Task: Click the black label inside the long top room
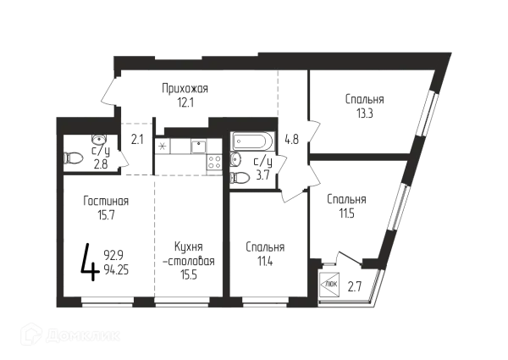coord(187,92)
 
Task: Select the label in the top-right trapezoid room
coord(365,103)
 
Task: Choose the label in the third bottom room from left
coord(263,252)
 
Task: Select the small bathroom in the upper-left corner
coord(91,150)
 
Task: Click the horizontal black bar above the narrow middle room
coord(185,147)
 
